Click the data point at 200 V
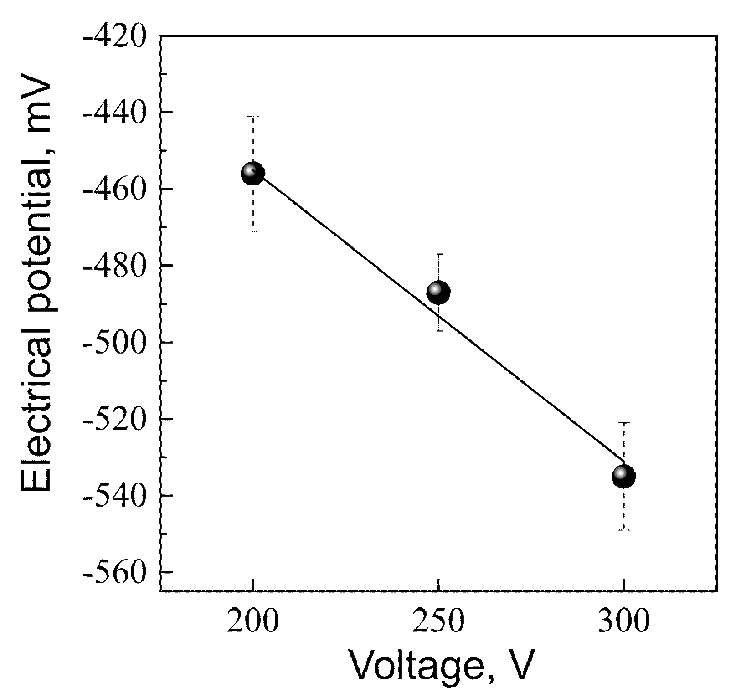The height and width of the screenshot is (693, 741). click(x=252, y=173)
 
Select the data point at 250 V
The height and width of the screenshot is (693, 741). click(x=438, y=292)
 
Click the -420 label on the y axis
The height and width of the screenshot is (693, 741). click(x=114, y=36)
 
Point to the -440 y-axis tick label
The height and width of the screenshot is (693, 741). click(x=114, y=113)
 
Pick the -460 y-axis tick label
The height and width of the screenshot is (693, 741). click(x=114, y=189)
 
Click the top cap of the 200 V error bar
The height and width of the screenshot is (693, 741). click(x=252, y=116)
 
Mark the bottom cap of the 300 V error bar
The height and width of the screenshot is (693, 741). click(x=624, y=530)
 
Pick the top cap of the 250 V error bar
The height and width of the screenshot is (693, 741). click(x=438, y=254)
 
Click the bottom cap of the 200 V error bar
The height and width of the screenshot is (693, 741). click(x=252, y=231)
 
